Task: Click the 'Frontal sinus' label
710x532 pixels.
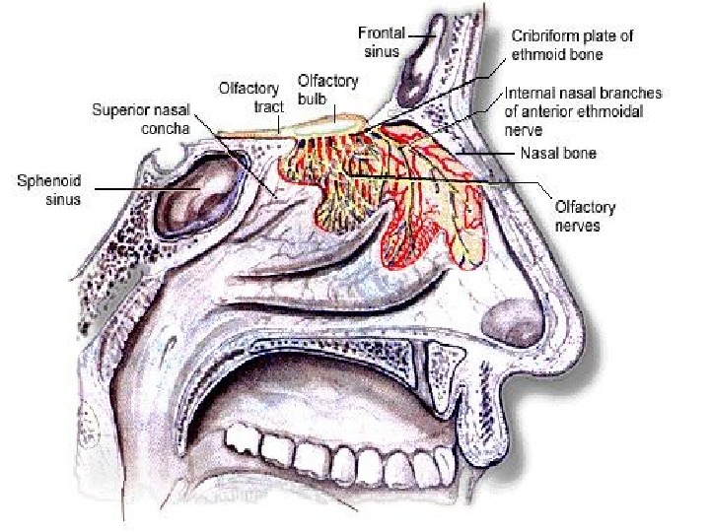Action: point(381,40)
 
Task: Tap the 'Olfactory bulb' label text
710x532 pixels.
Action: point(329,87)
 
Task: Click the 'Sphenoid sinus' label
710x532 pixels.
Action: point(48,190)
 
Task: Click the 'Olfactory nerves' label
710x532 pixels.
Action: point(585,217)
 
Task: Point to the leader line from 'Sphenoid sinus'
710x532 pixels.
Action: point(138,189)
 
